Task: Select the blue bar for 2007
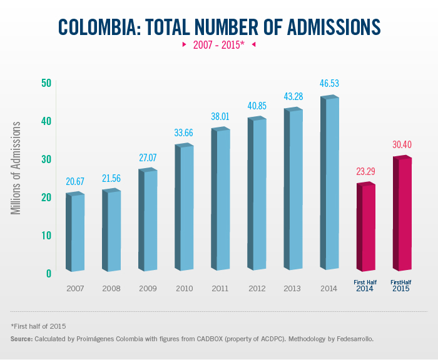(x=75, y=232)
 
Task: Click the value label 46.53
(x=329, y=83)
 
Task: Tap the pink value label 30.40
(x=402, y=144)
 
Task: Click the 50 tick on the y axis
(x=46, y=83)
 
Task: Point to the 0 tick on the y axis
(x=48, y=273)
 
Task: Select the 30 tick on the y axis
(x=46, y=159)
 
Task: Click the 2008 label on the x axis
(x=111, y=288)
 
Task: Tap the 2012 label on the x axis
(x=257, y=288)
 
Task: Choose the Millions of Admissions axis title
(x=17, y=168)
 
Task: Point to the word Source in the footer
(x=22, y=339)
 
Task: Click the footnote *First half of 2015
(x=38, y=326)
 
